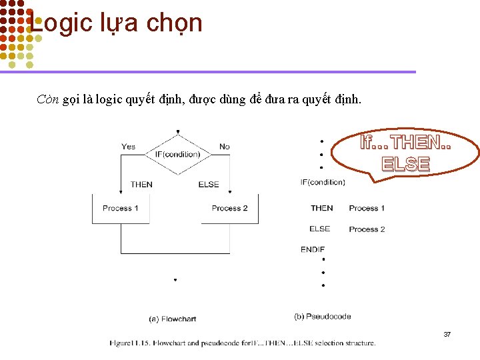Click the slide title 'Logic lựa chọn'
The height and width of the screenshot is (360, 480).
[x=117, y=23]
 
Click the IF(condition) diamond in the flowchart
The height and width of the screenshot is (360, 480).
[x=177, y=154]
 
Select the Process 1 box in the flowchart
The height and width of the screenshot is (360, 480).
[x=121, y=208]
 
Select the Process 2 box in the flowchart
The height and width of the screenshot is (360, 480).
[x=229, y=208]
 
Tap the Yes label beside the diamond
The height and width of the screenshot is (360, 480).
[x=128, y=147]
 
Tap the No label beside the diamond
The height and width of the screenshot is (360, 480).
[x=224, y=147]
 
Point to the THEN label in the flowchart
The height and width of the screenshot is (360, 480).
[x=141, y=185]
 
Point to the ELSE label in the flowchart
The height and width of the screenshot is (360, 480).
[x=209, y=185]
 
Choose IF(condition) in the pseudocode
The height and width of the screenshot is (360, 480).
[x=323, y=182]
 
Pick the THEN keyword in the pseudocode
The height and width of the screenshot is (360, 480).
[x=321, y=208]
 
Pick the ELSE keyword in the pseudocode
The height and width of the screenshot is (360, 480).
[x=319, y=229]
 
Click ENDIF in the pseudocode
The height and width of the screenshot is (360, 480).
[x=313, y=249]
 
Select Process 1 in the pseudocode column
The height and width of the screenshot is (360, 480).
[x=367, y=208]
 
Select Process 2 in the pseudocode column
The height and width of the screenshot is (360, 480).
[x=367, y=229]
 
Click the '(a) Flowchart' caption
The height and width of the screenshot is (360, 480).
[x=172, y=319]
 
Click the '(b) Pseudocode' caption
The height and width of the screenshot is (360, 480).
[x=323, y=316]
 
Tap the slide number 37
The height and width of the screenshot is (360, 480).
[x=447, y=334]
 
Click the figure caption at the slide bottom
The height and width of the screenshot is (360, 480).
[x=243, y=343]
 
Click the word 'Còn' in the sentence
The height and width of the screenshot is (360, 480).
[x=48, y=100]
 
